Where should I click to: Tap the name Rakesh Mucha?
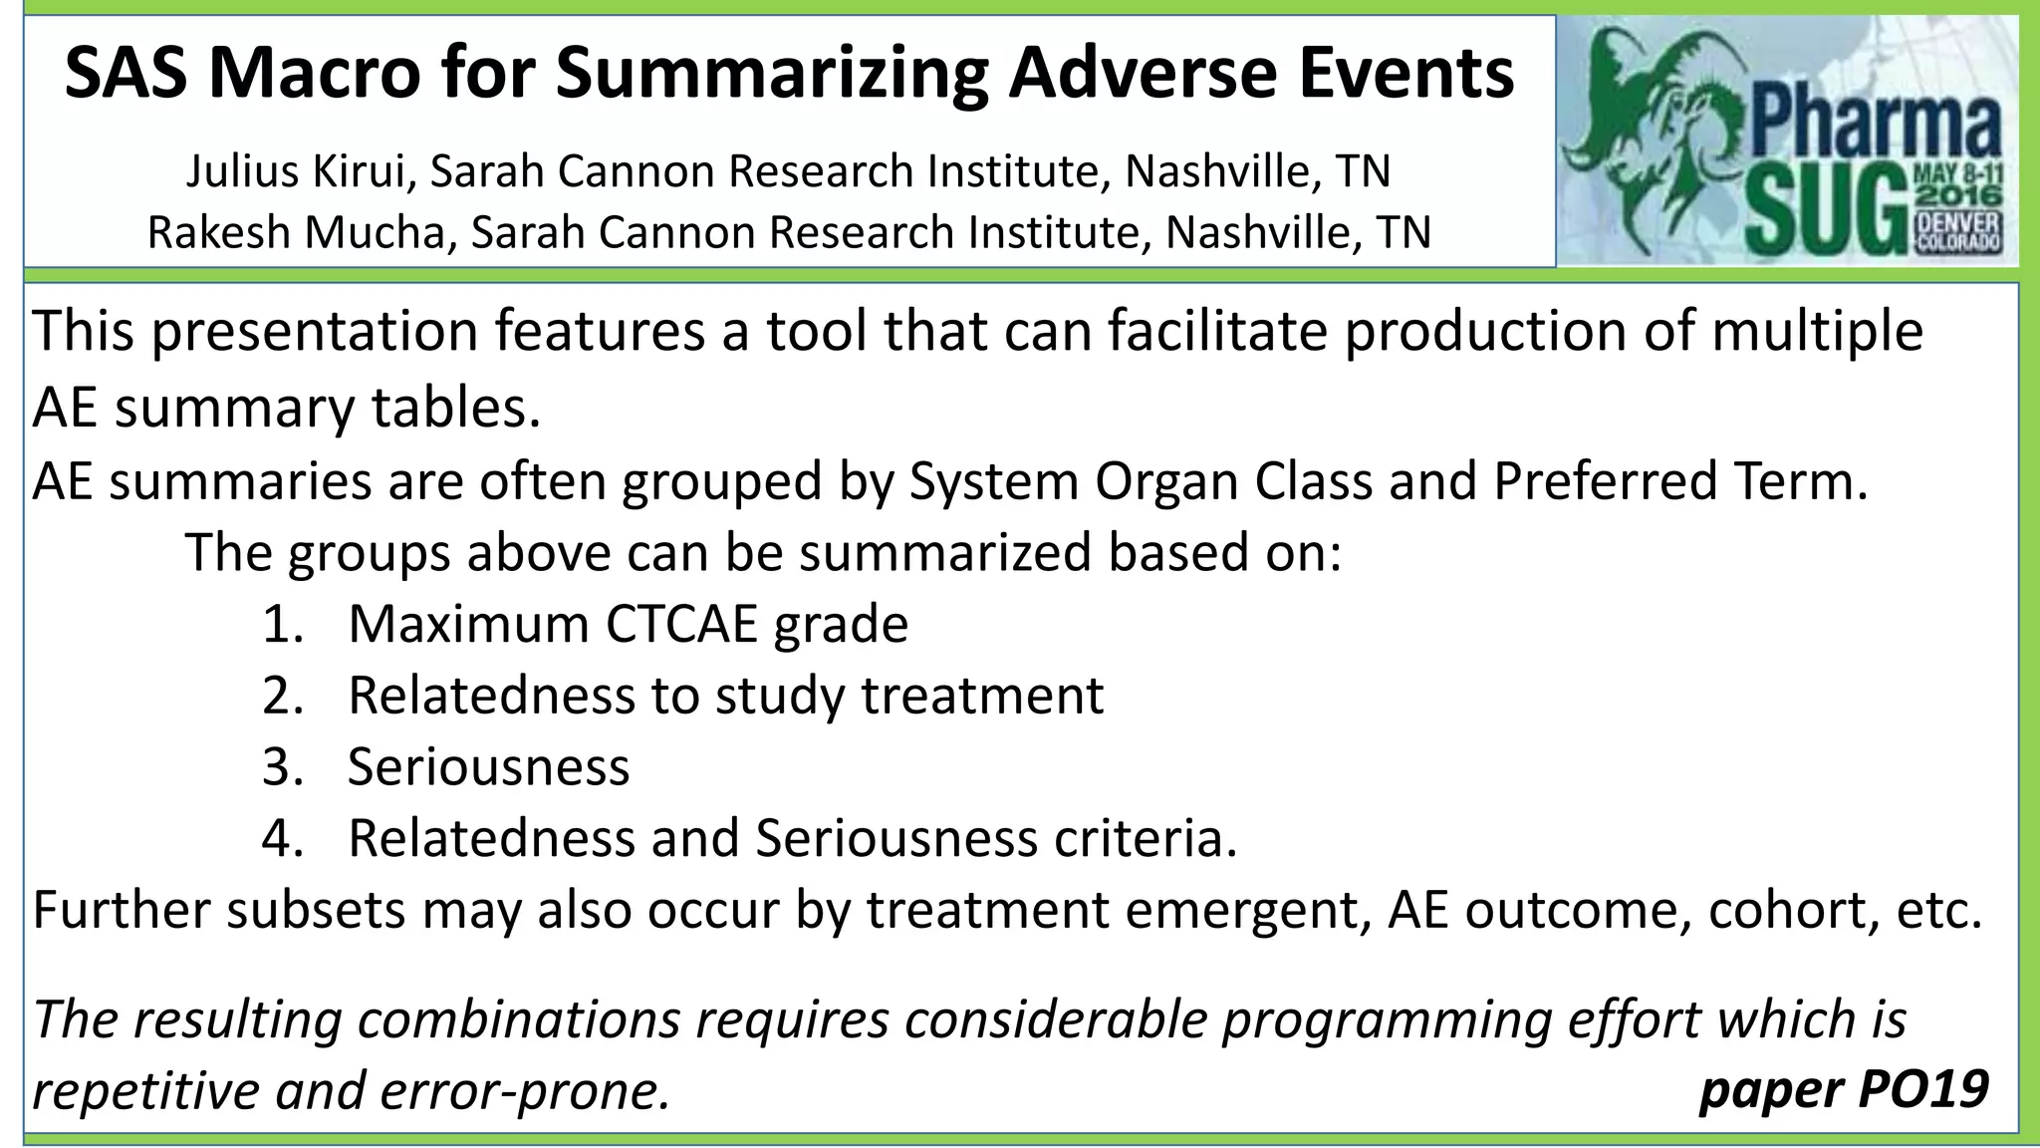tap(303, 232)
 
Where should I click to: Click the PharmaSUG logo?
tap(1787, 143)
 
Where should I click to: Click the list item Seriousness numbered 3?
tap(488, 767)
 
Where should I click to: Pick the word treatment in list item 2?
tap(982, 696)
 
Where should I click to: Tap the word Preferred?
tap(1603, 482)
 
